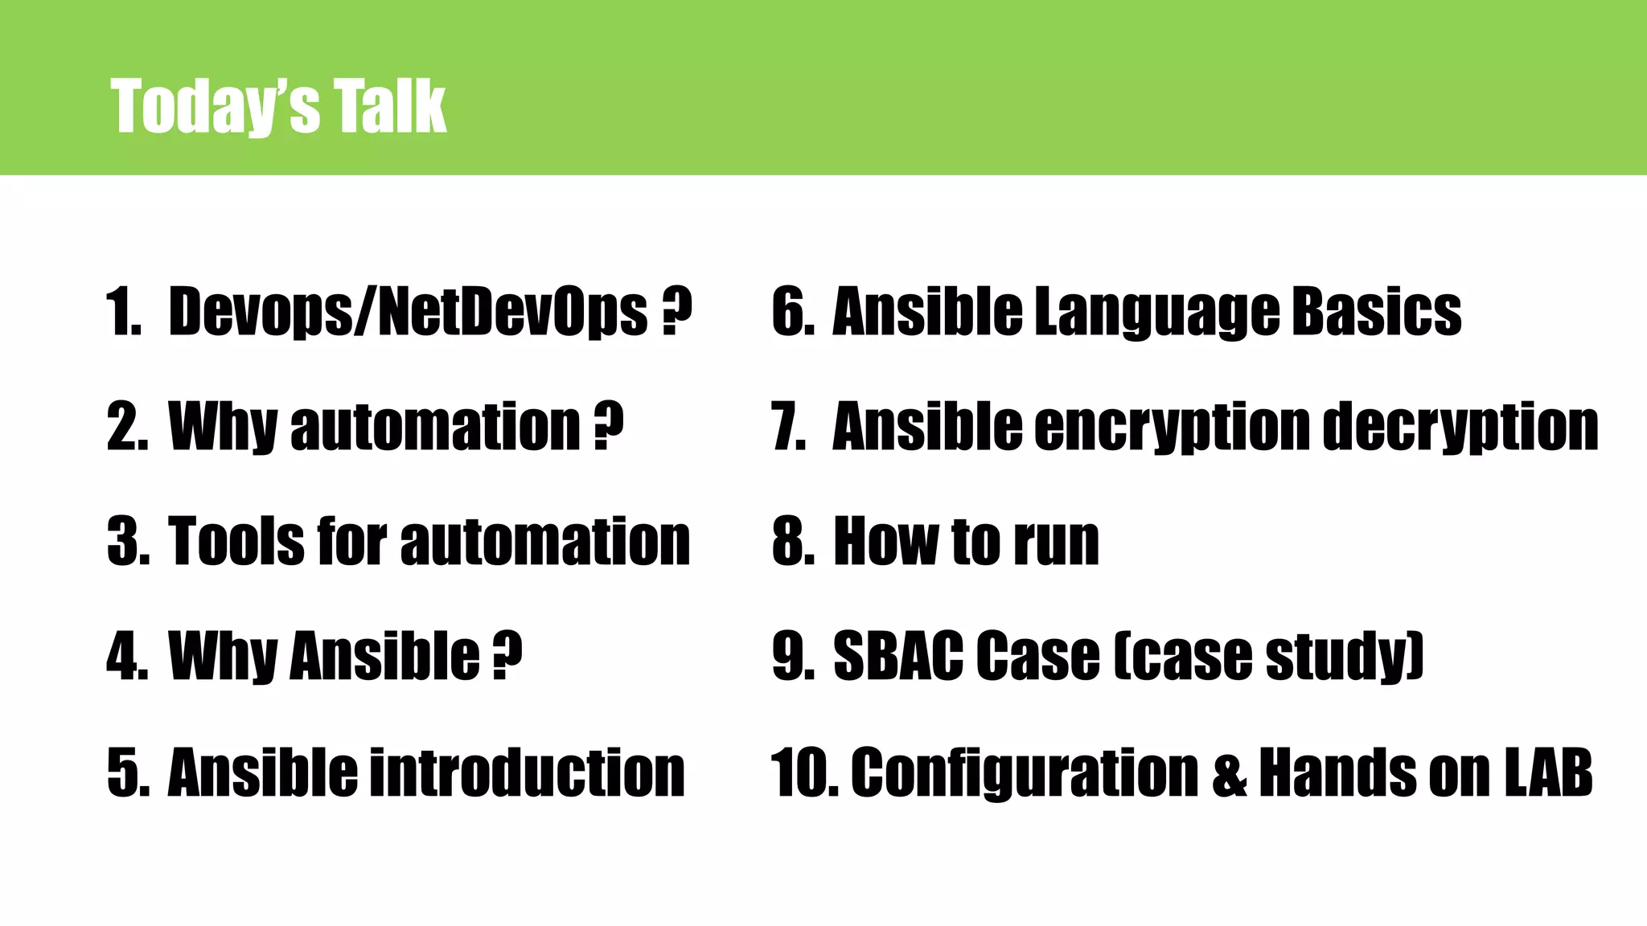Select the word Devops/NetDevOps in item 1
pyautogui.click(x=408, y=312)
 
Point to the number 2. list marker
pyautogui.click(x=127, y=426)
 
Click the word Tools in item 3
pyautogui.click(x=236, y=541)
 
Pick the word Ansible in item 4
pyautogui.click(x=385, y=656)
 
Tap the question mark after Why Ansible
pyautogui.click(x=507, y=656)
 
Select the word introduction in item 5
pyautogui.click(x=527, y=772)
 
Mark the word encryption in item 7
pyautogui.click(x=1172, y=426)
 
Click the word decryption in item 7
pyautogui.click(x=1460, y=426)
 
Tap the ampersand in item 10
pyautogui.click(x=1229, y=772)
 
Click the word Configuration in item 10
pyautogui.click(x=1025, y=772)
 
